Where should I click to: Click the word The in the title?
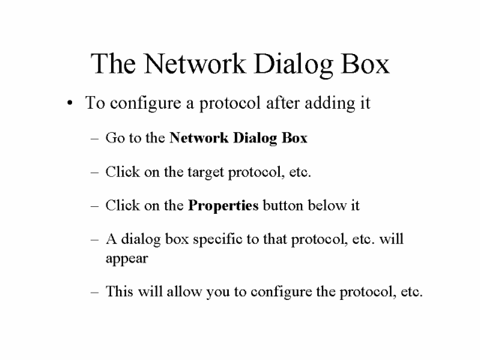tap(113, 63)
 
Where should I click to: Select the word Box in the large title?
tap(365, 63)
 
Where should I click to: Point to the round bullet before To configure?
tap(70, 103)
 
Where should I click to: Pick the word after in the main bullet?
tap(283, 103)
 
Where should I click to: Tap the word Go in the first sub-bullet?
tap(115, 138)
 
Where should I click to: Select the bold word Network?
tap(199, 138)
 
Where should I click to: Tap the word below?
tap(327, 205)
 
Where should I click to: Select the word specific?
tap(217, 240)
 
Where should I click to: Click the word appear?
tap(127, 259)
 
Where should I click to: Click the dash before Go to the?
tap(94, 139)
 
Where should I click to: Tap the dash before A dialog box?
tap(94, 240)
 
